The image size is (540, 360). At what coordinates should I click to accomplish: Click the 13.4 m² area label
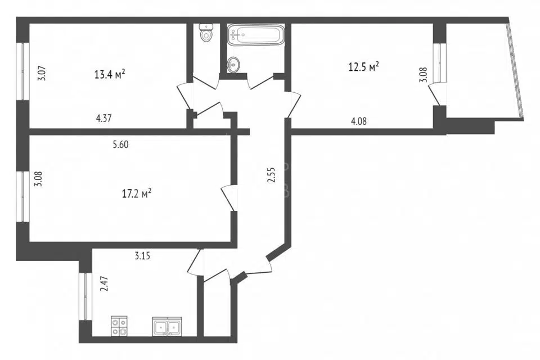(110, 74)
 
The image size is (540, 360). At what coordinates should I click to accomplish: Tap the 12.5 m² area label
(364, 66)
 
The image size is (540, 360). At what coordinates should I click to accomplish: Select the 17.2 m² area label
(137, 193)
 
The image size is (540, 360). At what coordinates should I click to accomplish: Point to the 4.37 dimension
(103, 119)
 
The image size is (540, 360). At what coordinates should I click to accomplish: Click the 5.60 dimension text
(120, 145)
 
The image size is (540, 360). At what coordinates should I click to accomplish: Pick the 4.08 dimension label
(358, 121)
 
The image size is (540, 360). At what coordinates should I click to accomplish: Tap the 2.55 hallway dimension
(272, 174)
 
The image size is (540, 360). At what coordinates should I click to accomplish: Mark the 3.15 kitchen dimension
(142, 256)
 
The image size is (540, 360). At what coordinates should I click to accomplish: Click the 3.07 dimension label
(42, 73)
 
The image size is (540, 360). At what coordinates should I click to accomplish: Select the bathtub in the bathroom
(256, 34)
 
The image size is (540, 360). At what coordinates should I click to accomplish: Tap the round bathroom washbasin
(234, 64)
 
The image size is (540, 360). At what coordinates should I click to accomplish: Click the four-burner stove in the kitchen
(119, 326)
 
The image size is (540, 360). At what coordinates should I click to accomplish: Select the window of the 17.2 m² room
(22, 196)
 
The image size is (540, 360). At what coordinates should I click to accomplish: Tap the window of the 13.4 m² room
(22, 71)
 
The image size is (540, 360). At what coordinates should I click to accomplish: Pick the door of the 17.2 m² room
(228, 198)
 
